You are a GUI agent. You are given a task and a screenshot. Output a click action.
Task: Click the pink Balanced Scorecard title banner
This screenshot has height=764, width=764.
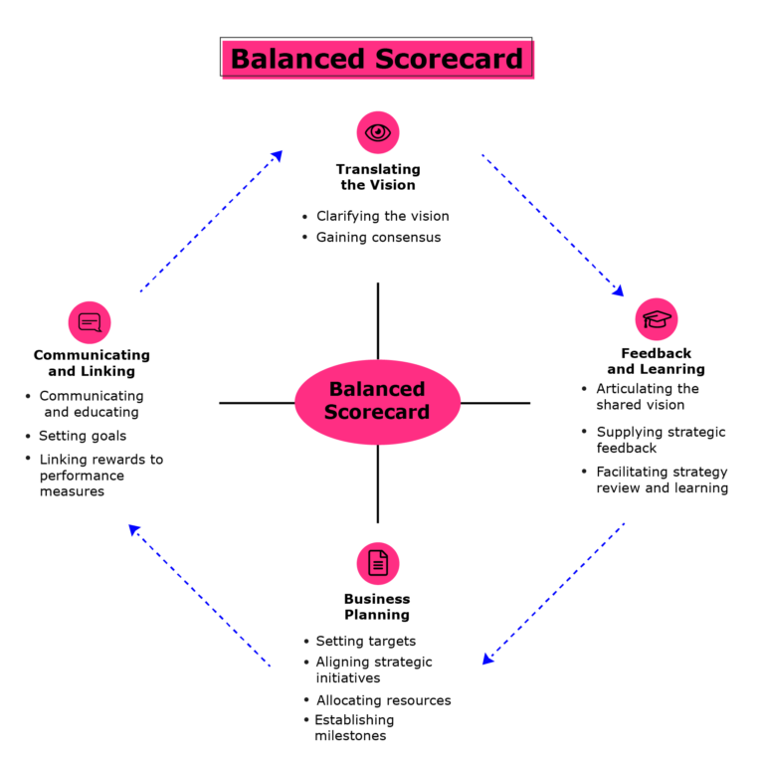click(376, 59)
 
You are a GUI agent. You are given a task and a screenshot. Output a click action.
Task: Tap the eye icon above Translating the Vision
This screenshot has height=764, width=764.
click(378, 132)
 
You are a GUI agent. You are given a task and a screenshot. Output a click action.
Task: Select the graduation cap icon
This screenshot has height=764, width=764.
click(657, 319)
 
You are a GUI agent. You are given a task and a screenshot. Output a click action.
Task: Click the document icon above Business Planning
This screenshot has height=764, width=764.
click(378, 563)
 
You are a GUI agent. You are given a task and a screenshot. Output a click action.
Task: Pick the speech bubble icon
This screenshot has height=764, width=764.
click(90, 322)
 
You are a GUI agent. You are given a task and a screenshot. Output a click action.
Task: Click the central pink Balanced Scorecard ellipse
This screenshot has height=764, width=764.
click(378, 401)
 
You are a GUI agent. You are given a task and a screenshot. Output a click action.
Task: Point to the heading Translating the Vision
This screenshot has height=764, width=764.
click(378, 177)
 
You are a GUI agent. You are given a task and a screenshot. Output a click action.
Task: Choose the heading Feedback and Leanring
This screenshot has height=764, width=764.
click(657, 361)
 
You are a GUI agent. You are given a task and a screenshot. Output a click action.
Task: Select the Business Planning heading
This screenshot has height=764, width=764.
click(377, 607)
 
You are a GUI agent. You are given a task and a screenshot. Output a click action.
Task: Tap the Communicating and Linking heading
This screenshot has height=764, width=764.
click(92, 363)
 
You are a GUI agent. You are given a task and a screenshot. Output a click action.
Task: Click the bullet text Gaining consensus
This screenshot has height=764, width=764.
click(378, 238)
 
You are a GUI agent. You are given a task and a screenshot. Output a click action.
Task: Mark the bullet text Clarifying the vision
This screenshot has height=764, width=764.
click(382, 216)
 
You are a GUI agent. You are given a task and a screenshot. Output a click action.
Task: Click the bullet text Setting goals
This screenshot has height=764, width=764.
click(83, 436)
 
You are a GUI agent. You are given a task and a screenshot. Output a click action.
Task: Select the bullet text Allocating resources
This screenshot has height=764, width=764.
click(383, 700)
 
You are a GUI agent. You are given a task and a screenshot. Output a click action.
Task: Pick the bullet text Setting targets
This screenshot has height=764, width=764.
click(365, 642)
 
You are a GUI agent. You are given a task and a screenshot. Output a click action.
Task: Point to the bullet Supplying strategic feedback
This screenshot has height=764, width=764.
click(661, 440)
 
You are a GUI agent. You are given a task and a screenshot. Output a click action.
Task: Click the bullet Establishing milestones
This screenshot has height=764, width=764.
click(354, 728)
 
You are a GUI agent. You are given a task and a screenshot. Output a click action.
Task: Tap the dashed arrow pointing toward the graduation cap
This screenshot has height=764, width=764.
click(552, 225)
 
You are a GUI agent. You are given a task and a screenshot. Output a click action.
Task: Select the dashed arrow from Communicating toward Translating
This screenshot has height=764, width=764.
click(211, 221)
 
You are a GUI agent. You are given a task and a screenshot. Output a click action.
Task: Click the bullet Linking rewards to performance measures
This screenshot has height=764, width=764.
click(100, 476)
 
